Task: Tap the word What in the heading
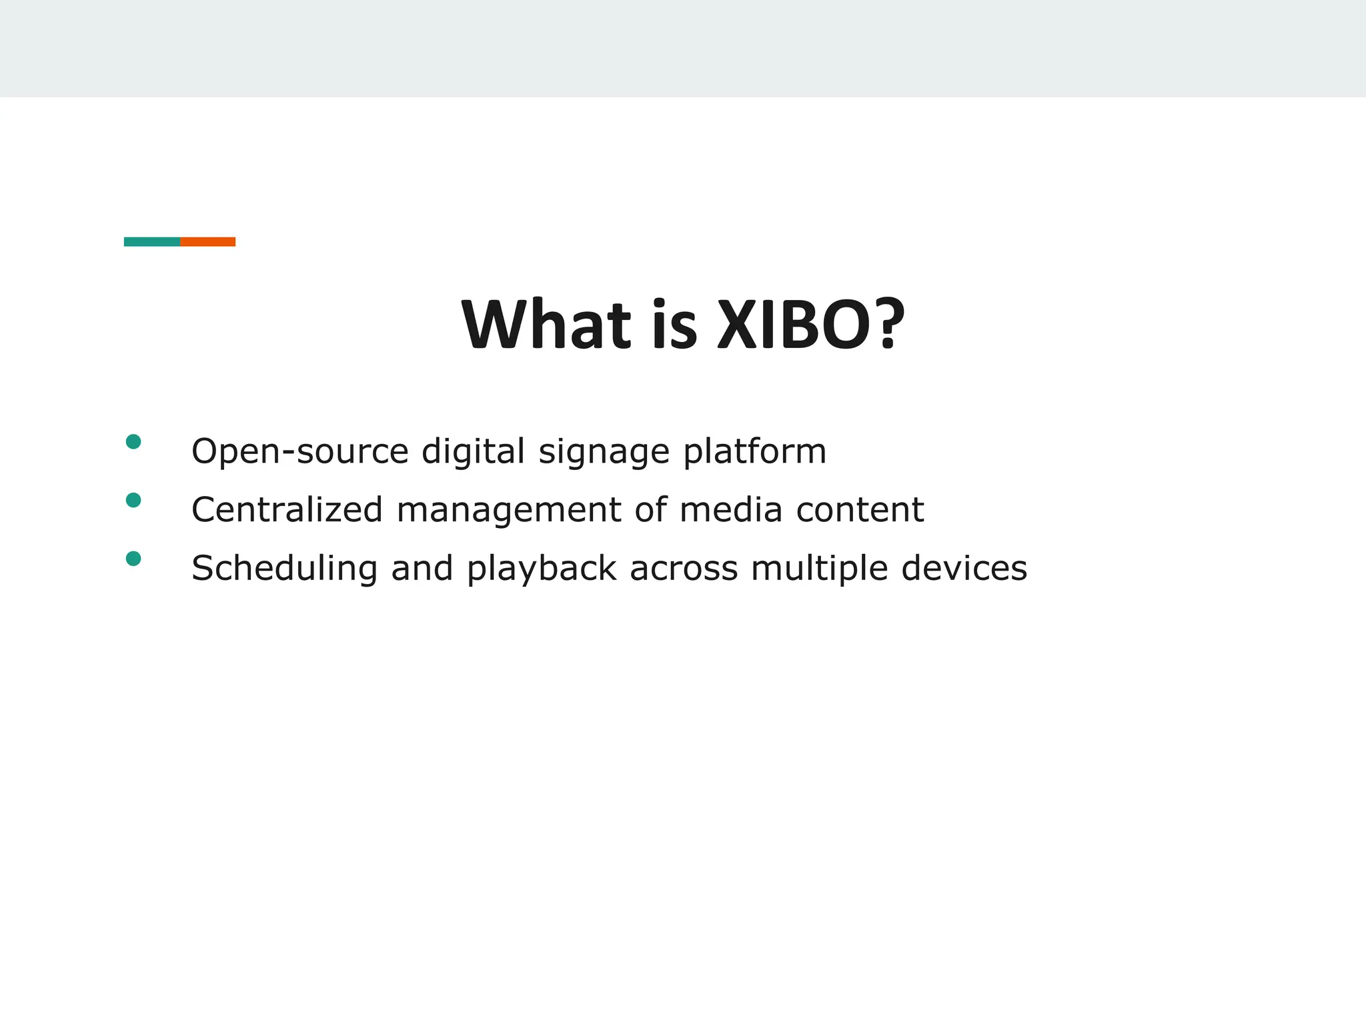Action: pyautogui.click(x=546, y=325)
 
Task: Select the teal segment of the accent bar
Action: pyautogui.click(x=152, y=241)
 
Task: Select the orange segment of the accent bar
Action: pyautogui.click(x=207, y=241)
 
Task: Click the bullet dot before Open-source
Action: pyautogui.click(x=133, y=441)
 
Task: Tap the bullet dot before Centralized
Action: pyautogui.click(x=133, y=500)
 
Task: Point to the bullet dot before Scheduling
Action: pyautogui.click(x=133, y=559)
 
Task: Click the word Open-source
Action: pyautogui.click(x=299, y=452)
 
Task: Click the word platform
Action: pyautogui.click(x=754, y=452)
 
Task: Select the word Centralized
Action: pyautogui.click(x=287, y=510)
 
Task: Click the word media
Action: pyautogui.click(x=730, y=510)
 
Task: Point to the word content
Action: pyautogui.click(x=860, y=510)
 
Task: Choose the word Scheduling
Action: pyautogui.click(x=284, y=569)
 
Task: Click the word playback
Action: pyautogui.click(x=541, y=569)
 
